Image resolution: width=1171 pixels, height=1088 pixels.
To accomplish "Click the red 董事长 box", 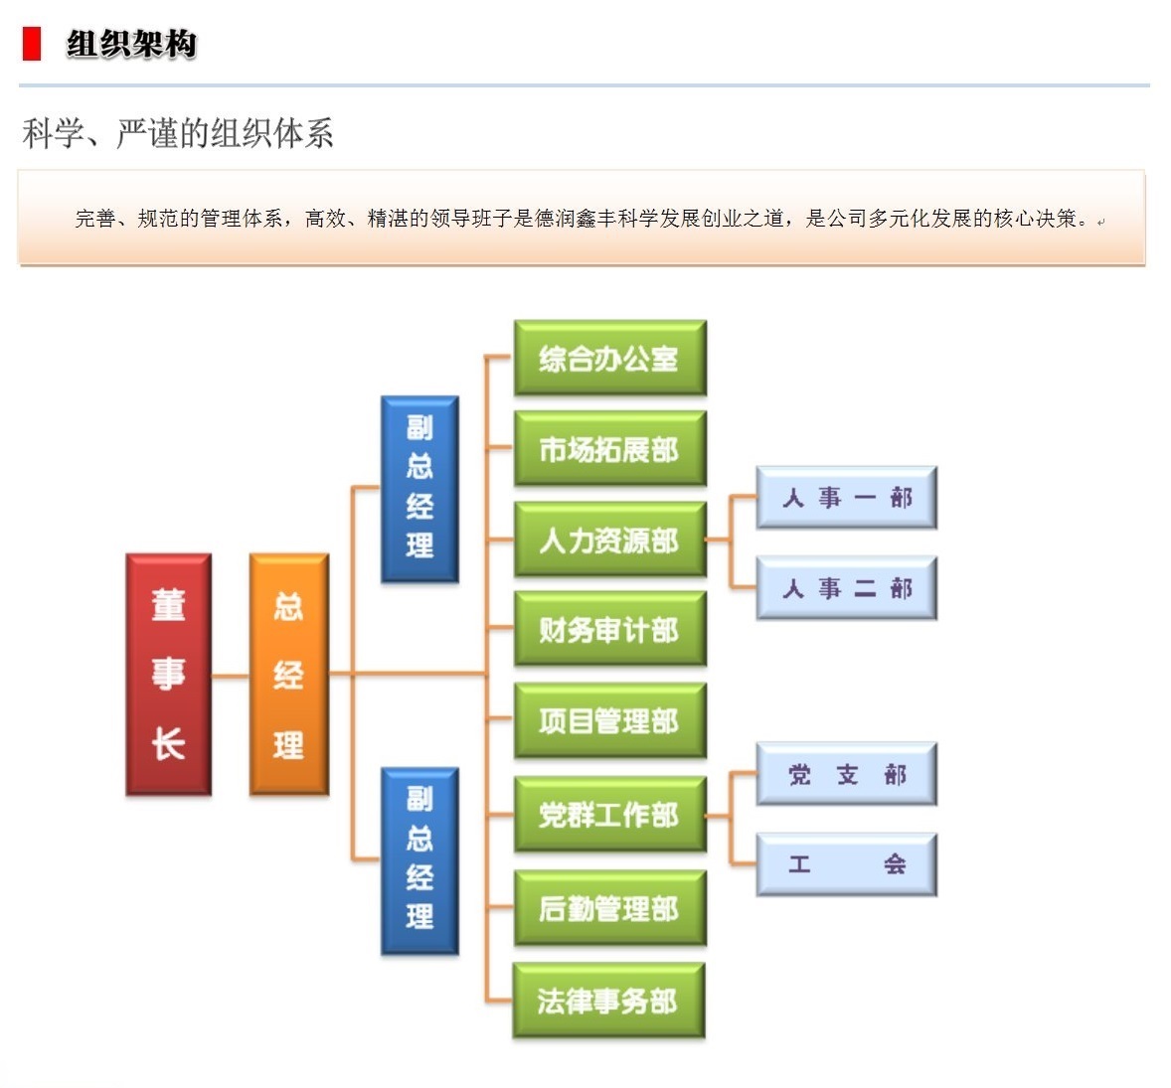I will click(x=168, y=675).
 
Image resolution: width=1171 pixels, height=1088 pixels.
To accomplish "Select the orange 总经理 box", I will click(x=288, y=675).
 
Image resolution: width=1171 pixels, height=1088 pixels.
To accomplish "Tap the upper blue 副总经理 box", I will click(x=419, y=488).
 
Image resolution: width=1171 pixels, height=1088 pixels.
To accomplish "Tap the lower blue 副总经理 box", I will click(x=419, y=859).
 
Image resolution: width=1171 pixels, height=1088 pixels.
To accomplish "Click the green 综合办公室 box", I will click(x=609, y=359).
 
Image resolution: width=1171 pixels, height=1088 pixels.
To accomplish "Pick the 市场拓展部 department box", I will click(x=609, y=449).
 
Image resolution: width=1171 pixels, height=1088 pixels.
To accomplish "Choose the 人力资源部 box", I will click(x=609, y=540).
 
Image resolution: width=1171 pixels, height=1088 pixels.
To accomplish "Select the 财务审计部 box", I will click(x=609, y=630).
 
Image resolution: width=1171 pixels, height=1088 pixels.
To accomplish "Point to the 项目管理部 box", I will click(x=609, y=720).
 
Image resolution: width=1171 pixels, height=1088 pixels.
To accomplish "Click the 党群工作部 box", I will click(x=609, y=815).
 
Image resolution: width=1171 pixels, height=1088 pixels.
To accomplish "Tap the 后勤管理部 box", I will click(x=609, y=908).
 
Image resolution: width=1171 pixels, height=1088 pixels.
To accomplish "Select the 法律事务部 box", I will click(x=608, y=1001).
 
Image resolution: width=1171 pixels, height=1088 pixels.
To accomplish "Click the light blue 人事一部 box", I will click(x=846, y=497).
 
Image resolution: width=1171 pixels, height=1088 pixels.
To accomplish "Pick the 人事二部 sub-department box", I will click(x=846, y=588).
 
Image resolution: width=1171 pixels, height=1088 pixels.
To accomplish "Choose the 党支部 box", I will click(x=846, y=774).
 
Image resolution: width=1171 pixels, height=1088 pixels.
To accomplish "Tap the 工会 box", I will click(x=846, y=864).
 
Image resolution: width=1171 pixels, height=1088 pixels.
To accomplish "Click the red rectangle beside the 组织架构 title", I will click(x=32, y=44).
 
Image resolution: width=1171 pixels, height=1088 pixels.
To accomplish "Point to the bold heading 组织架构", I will click(x=131, y=44).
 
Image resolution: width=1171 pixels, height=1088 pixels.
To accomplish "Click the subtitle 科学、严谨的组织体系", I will click(x=178, y=133).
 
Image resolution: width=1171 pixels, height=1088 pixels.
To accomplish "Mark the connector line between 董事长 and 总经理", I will click(x=230, y=676).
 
